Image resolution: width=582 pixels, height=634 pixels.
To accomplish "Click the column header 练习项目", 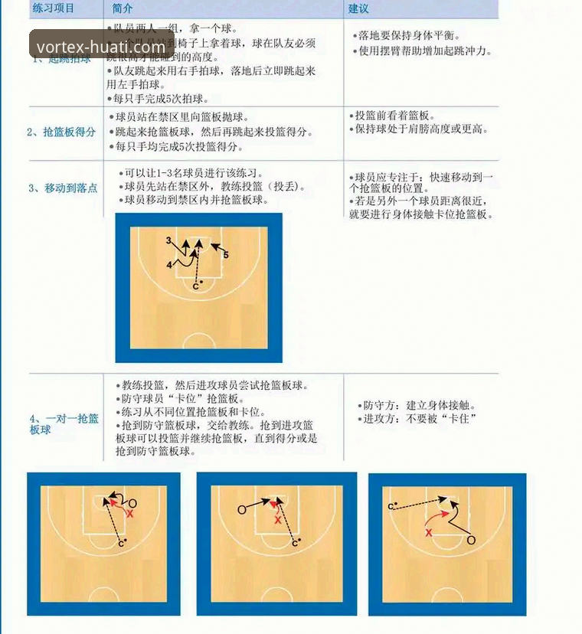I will (x=53, y=8).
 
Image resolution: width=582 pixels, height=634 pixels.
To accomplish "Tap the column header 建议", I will (x=358, y=8).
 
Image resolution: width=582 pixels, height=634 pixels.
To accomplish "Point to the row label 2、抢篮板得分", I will (x=61, y=132).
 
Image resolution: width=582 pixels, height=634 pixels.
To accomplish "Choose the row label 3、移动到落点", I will (x=63, y=188).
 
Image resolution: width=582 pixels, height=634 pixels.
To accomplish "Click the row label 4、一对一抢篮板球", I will (x=64, y=424).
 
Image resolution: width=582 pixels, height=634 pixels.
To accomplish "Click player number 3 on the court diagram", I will (x=168, y=240).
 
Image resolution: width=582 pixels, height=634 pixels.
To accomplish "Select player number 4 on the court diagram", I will (x=168, y=264).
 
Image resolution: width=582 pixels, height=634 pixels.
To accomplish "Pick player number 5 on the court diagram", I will (x=226, y=254).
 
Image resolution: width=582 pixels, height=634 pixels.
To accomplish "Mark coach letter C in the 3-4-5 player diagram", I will (x=195, y=286).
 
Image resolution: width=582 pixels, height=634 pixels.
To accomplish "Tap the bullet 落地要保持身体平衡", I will (x=409, y=35).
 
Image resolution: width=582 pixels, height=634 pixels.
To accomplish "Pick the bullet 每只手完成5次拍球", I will (x=161, y=99).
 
